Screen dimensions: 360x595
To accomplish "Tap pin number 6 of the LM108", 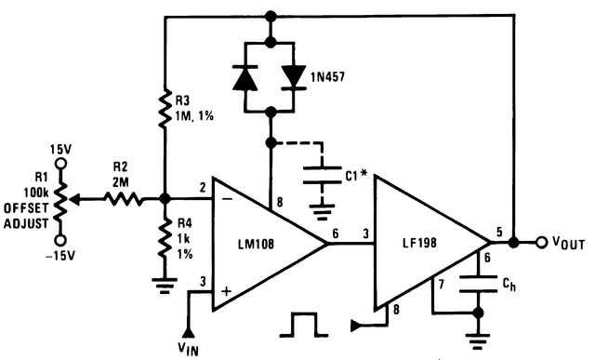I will pyautogui.click(x=335, y=235).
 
